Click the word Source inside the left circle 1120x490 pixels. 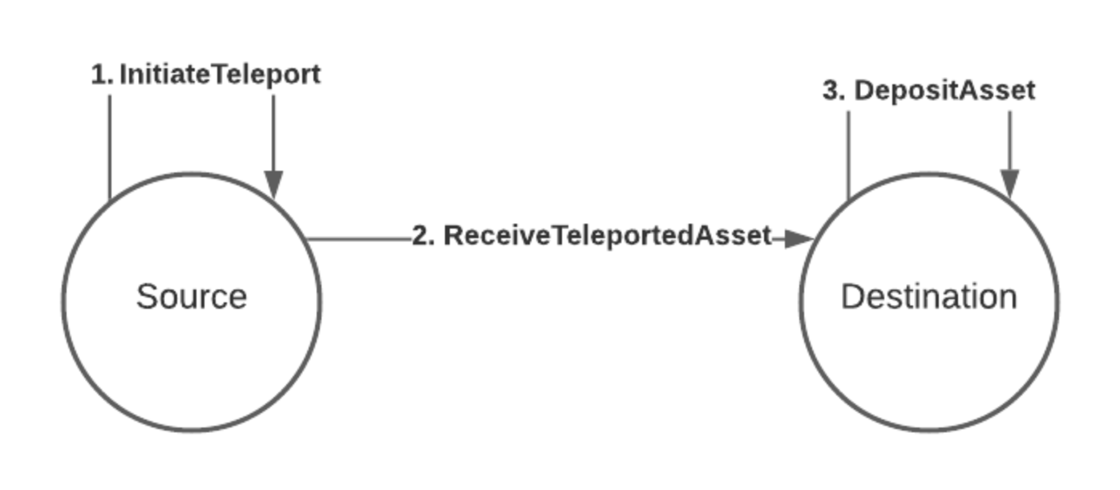192,297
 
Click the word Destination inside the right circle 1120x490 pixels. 928,297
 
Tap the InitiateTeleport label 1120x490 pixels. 220,75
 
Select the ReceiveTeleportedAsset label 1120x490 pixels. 607,236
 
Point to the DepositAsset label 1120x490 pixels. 944,91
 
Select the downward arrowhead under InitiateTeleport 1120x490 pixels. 273,184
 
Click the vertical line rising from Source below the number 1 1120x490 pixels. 110,144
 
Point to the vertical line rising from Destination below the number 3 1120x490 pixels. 848,152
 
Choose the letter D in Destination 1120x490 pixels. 851,297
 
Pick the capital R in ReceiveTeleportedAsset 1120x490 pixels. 454,236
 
